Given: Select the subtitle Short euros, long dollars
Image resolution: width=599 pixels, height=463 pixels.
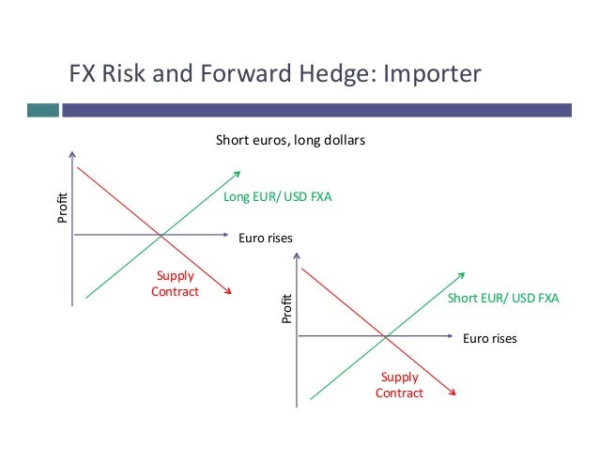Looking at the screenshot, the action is pyautogui.click(x=290, y=141).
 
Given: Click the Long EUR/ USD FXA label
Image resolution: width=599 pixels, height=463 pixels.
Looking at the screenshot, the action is pyautogui.click(x=278, y=197).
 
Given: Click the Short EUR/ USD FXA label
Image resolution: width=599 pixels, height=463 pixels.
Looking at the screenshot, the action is pyautogui.click(x=502, y=299).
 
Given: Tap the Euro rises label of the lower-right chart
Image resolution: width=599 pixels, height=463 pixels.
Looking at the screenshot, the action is pyautogui.click(x=490, y=337).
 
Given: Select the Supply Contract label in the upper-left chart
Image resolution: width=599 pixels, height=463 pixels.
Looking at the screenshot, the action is pyautogui.click(x=175, y=283).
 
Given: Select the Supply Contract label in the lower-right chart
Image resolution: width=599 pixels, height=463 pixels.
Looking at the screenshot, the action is pyautogui.click(x=399, y=385).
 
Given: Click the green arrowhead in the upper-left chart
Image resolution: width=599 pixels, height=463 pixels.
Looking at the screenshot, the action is pyautogui.click(x=237, y=173).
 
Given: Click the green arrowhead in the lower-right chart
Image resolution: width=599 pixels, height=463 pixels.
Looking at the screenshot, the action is pyautogui.click(x=461, y=275).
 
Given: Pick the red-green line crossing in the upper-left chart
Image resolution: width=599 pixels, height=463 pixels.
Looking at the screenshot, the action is pyautogui.click(x=161, y=234).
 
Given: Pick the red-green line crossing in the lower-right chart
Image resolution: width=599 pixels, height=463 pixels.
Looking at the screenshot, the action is pyautogui.click(x=385, y=336).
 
